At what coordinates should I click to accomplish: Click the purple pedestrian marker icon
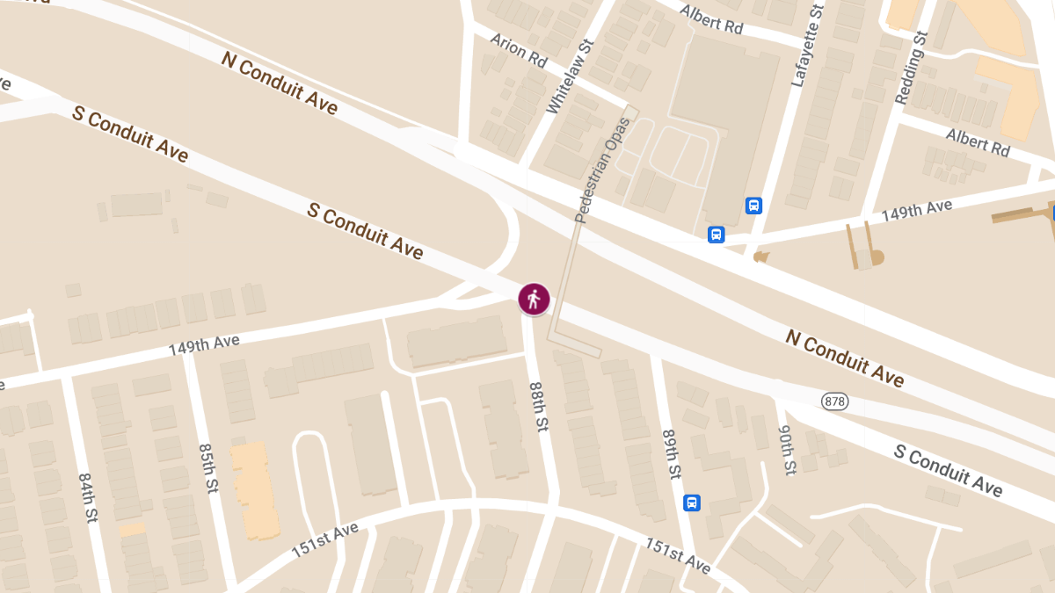click(x=534, y=300)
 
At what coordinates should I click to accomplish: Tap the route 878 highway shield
click(x=835, y=401)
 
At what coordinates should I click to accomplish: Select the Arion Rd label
click(x=519, y=51)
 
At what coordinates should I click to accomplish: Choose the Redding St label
click(x=912, y=68)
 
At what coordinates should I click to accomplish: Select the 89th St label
click(x=672, y=454)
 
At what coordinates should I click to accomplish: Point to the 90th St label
click(x=786, y=449)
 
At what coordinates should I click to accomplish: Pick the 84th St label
click(x=87, y=498)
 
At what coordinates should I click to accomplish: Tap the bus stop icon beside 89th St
click(x=692, y=503)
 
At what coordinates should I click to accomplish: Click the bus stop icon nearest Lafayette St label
click(x=753, y=206)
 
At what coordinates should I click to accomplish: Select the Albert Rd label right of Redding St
click(x=978, y=141)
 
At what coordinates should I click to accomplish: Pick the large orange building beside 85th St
click(x=254, y=488)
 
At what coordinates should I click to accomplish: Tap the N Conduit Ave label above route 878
click(x=845, y=358)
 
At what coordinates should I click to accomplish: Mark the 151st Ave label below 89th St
click(x=678, y=555)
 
